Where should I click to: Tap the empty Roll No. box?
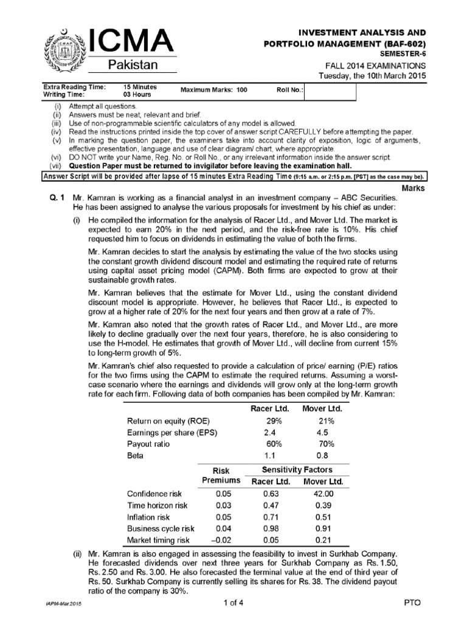(x=330, y=90)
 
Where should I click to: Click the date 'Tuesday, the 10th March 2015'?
(x=373, y=75)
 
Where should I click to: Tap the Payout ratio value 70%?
(x=322, y=444)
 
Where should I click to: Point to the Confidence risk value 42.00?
(x=324, y=494)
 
